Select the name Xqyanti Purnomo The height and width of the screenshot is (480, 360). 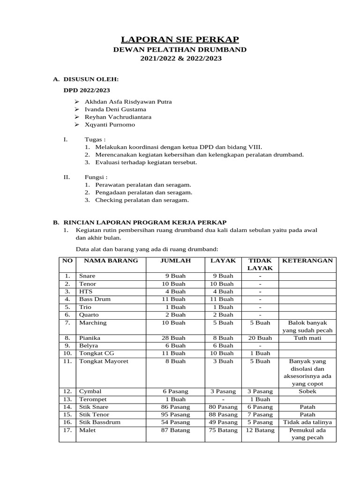110,125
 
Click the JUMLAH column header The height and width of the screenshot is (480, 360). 175,261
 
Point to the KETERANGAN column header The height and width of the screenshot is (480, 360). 307,261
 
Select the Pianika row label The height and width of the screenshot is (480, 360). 90,337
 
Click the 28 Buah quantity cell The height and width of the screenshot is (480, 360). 175,337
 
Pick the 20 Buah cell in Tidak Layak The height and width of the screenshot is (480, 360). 260,337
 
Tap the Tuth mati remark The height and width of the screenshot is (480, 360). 307,337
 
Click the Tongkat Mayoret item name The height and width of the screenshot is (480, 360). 104,361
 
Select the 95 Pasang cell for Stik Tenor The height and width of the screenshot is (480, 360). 175,414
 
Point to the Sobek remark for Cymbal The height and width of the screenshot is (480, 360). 307,391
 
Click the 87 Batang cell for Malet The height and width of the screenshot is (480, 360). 175,430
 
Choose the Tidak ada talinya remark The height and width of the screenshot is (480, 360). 307,422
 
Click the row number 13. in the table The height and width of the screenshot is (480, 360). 67,399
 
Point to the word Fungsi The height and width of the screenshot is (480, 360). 95,177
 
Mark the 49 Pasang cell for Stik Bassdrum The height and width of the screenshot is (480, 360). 223,422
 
